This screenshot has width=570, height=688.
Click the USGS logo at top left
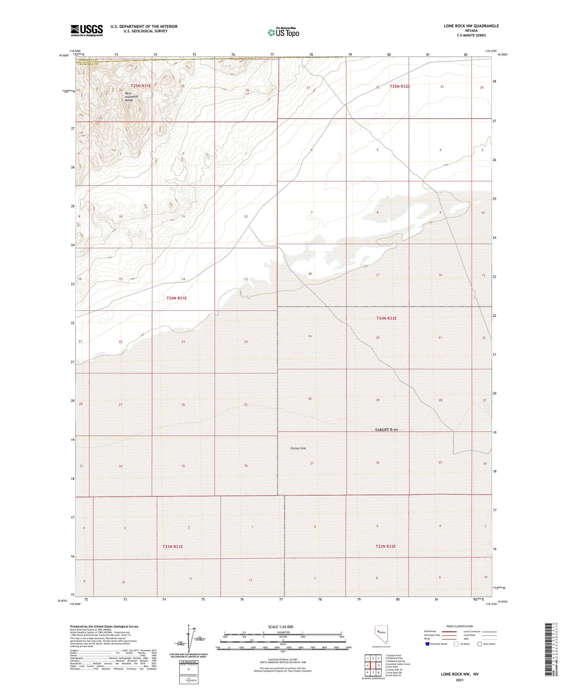(87, 30)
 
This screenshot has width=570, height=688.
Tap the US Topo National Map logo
(283, 32)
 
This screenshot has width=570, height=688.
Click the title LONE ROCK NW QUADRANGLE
(471, 26)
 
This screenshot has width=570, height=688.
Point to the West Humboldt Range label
(131, 97)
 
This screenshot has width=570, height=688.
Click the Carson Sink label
(298, 448)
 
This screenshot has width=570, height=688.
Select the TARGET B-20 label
(386, 430)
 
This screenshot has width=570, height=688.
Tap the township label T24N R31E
(176, 298)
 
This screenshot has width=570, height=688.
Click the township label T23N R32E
(385, 546)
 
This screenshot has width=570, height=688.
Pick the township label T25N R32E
(400, 87)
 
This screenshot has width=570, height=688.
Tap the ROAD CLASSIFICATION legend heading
(460, 626)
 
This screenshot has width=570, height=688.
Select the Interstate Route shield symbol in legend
(427, 644)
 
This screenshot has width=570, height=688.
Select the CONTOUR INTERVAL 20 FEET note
(283, 660)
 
